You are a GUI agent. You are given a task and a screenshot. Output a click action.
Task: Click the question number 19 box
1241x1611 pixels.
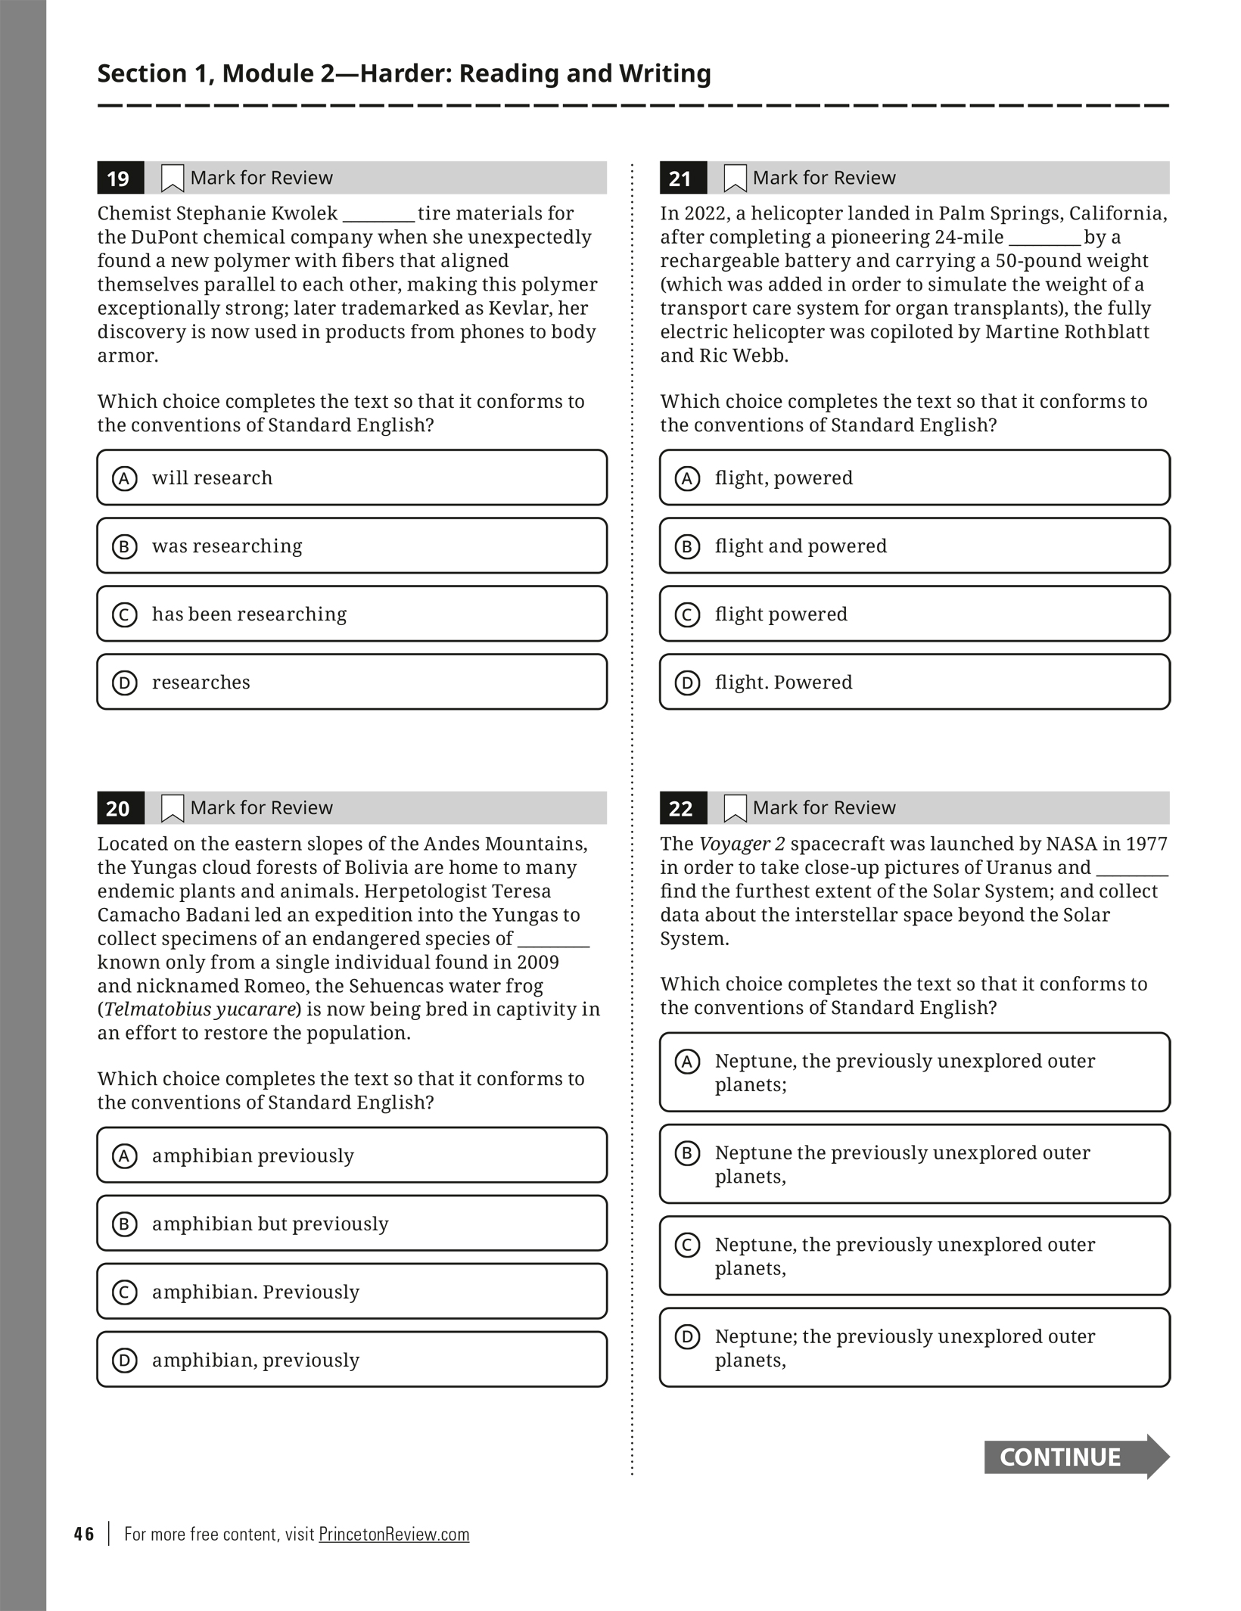[118, 179]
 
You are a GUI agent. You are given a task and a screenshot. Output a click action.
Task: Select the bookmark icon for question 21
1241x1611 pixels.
[735, 179]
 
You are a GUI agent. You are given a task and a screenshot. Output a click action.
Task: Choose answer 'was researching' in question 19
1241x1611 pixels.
[352, 546]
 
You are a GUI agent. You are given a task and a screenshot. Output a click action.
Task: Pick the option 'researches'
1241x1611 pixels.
[352, 682]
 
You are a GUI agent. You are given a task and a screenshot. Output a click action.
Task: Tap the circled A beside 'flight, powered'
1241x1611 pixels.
[687, 478]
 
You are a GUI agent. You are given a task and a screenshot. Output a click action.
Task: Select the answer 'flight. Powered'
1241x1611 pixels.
[914, 682]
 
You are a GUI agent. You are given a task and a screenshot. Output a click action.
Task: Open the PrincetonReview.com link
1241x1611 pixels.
[393, 1534]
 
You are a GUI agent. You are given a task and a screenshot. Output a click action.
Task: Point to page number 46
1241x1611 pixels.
[84, 1534]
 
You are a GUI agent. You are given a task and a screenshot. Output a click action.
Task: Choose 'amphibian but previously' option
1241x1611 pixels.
[352, 1224]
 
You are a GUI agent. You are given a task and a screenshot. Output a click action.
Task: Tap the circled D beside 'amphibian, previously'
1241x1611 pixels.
[125, 1361]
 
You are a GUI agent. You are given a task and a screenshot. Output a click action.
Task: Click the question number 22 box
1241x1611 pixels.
[681, 808]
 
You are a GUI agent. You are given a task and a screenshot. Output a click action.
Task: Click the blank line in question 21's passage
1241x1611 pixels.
[1044, 238]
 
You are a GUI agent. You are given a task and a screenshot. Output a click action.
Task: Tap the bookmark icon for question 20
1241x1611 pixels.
[173, 808]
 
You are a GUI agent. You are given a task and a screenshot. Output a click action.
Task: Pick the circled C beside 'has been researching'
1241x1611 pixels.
[125, 614]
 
